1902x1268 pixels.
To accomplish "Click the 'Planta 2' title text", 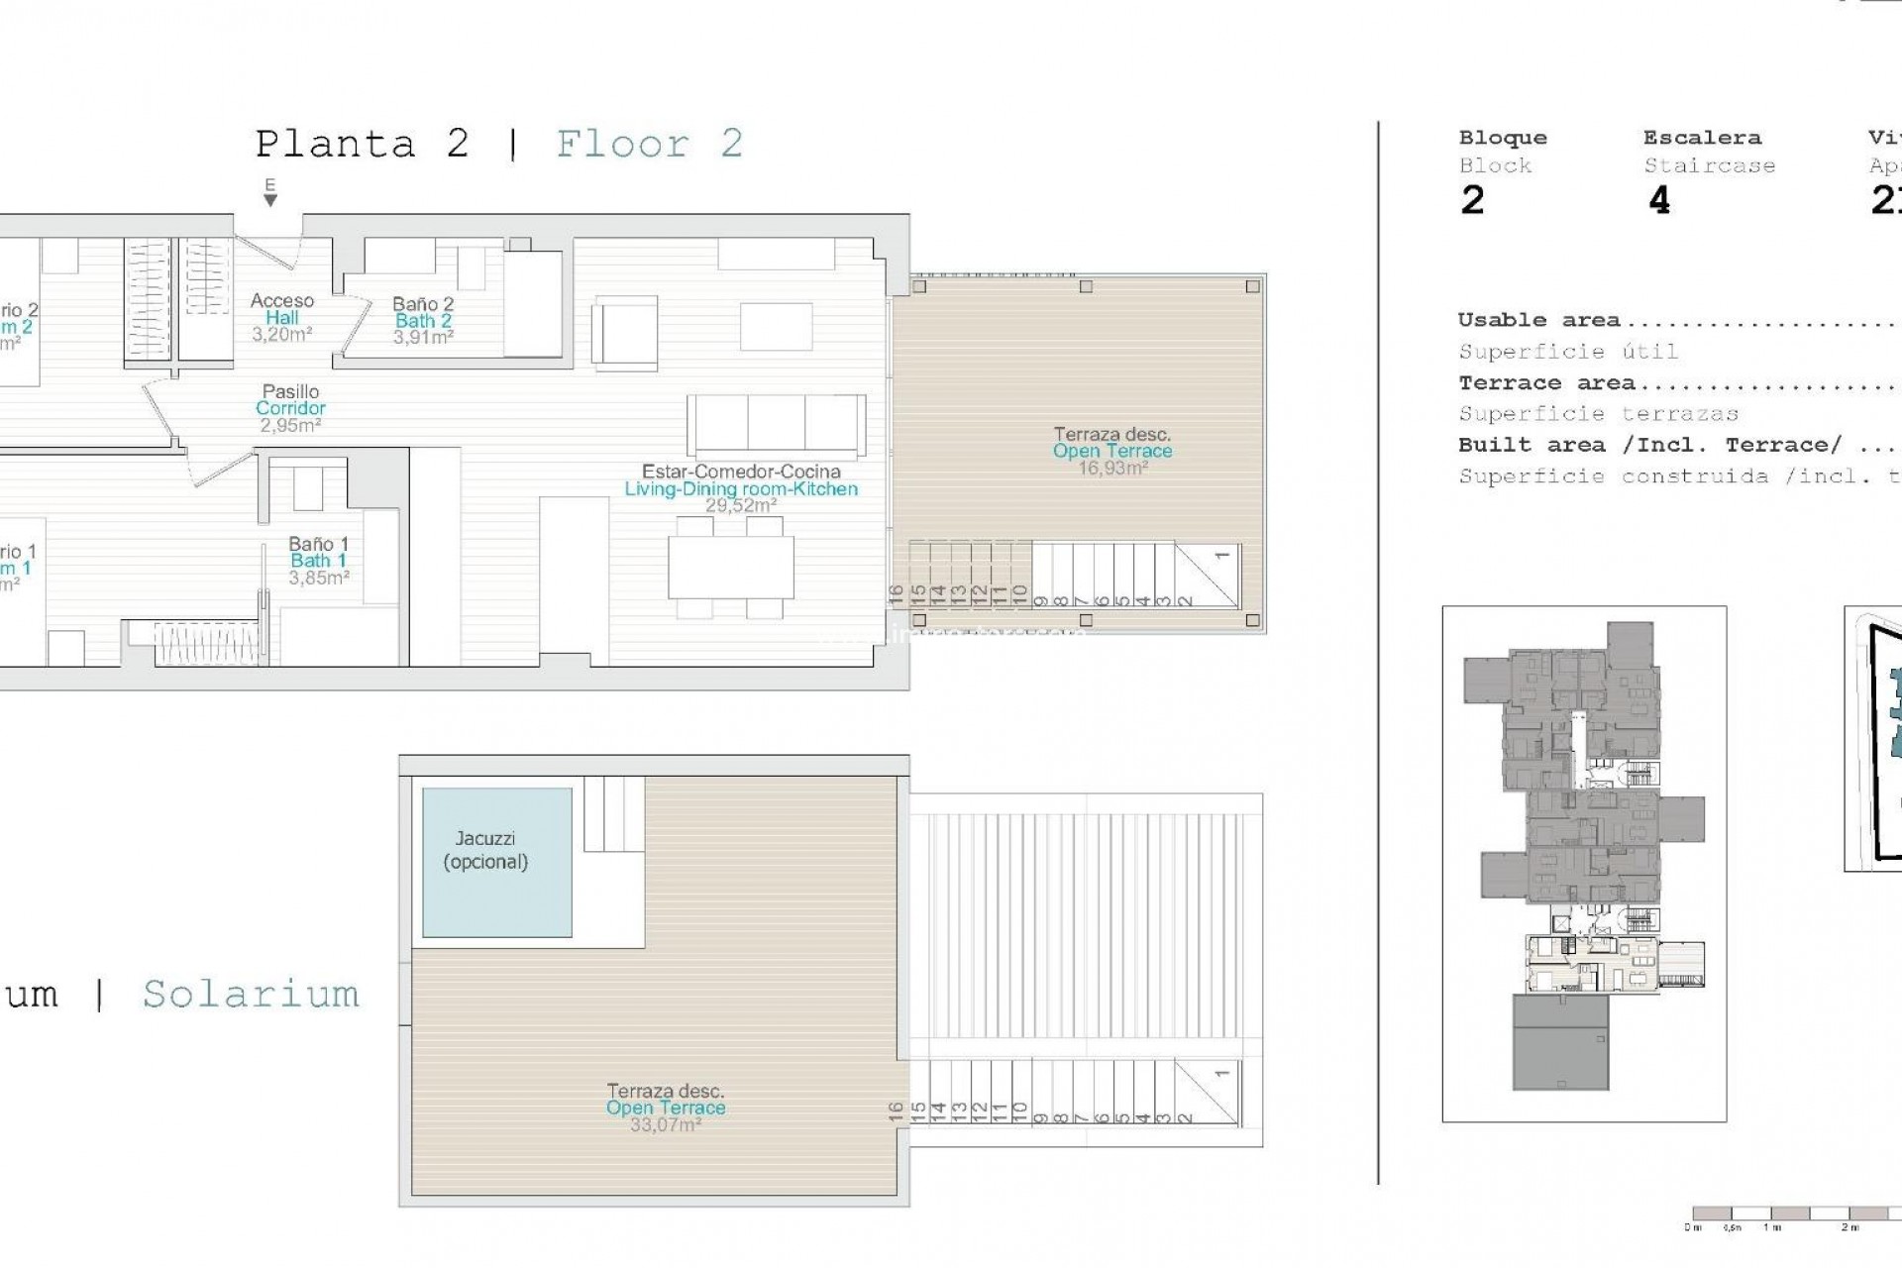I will tap(362, 145).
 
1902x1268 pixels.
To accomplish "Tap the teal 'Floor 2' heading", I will tap(649, 145).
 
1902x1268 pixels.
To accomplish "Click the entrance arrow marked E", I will tap(269, 193).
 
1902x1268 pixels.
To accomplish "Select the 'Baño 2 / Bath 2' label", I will tap(423, 320).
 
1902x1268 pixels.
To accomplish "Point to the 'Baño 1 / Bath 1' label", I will tap(318, 561).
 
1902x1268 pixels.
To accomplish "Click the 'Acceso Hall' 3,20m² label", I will tap(281, 317).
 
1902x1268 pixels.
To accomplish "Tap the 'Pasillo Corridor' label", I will tap(290, 408).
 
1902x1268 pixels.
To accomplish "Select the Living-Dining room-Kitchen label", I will tap(740, 488).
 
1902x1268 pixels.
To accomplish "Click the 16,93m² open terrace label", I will tap(1111, 451).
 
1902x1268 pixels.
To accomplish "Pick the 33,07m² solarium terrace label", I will tap(665, 1108).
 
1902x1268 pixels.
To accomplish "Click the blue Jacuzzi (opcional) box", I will tap(496, 862).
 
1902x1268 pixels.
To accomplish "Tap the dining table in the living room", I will tap(731, 566).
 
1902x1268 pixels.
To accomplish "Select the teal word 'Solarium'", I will tap(251, 995).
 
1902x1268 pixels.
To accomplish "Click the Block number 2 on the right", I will tap(1472, 201).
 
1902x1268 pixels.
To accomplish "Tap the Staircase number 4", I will tap(1659, 201).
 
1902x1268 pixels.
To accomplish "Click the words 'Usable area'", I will tap(1538, 320).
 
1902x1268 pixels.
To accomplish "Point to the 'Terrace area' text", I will tap(1545, 383).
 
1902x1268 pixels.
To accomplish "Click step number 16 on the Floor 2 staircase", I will tap(897, 594).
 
